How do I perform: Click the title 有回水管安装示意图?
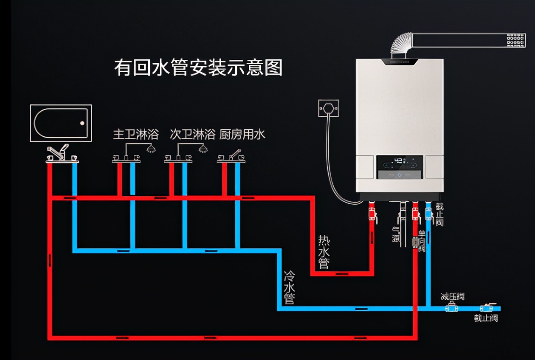[x=198, y=67]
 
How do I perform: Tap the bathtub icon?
[x=61, y=123]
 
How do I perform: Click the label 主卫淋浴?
[x=135, y=135]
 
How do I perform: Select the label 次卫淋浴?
[x=192, y=135]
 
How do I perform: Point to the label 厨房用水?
[x=242, y=135]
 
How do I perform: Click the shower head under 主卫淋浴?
[x=150, y=149]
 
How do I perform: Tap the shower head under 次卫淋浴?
[x=203, y=149]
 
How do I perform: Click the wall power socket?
[x=329, y=108]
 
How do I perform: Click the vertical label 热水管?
[x=324, y=252]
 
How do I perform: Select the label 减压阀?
[x=452, y=296]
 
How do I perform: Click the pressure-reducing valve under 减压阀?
[x=451, y=308]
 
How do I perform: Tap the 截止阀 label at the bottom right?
[x=486, y=318]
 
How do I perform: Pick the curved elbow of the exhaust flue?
[x=400, y=44]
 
